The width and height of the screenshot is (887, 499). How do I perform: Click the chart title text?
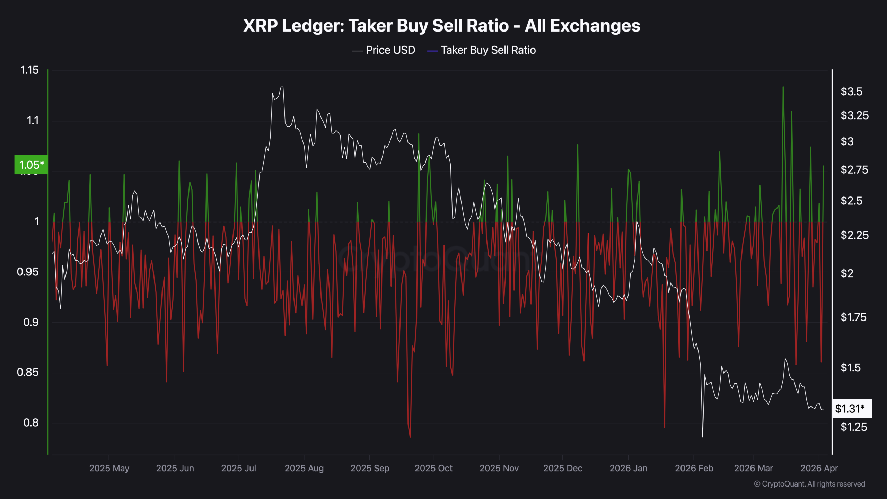(x=441, y=26)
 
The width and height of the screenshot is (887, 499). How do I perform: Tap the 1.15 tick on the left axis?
(x=29, y=70)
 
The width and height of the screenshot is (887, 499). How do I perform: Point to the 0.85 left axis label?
(x=28, y=373)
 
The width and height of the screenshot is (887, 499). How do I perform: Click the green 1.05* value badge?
(x=31, y=165)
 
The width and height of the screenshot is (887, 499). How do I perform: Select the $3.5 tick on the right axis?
(x=851, y=92)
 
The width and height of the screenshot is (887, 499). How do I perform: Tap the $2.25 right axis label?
(x=854, y=235)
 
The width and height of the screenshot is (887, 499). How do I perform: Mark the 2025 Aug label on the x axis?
(x=304, y=468)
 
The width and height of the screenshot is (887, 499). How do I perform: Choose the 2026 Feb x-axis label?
(x=694, y=468)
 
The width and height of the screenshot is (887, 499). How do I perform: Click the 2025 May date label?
(x=109, y=468)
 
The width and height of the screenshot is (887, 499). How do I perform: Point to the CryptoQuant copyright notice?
(x=809, y=484)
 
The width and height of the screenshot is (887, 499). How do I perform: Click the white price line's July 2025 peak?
(x=282, y=87)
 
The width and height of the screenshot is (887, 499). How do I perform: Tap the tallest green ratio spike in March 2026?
(x=783, y=87)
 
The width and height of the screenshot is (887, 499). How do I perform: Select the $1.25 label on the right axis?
(x=854, y=427)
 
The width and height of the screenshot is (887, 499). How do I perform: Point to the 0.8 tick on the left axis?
(x=31, y=423)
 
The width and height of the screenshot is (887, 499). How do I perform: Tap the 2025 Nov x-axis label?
(x=499, y=468)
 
